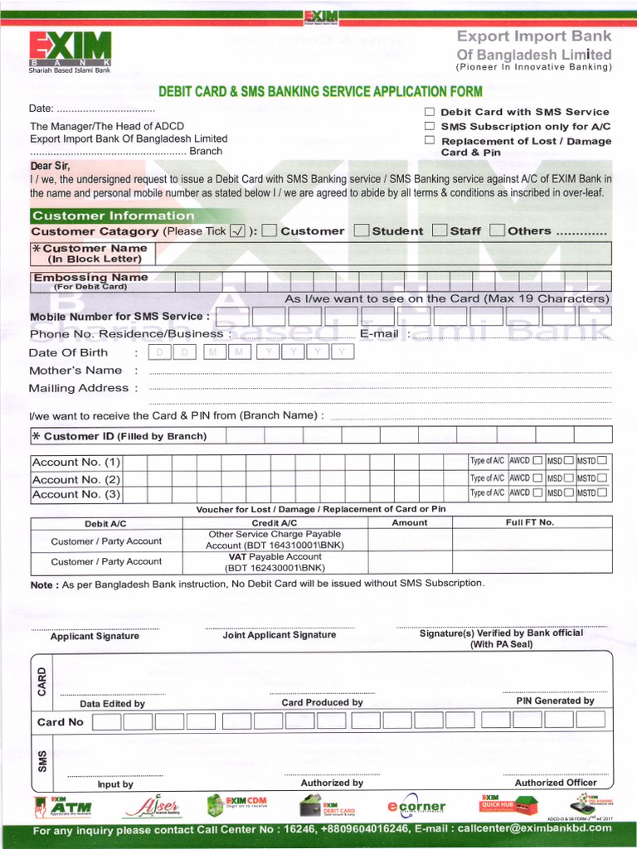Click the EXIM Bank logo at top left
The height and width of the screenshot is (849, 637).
pyautogui.click(x=70, y=51)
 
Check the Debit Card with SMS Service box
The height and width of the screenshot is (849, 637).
pyautogui.click(x=430, y=111)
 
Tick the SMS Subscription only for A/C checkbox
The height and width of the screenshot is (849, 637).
pyautogui.click(x=430, y=126)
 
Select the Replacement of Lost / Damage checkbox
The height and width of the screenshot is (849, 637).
pyautogui.click(x=430, y=140)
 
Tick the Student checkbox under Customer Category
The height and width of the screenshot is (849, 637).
pyautogui.click(x=362, y=230)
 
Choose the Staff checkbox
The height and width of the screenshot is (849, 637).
pyautogui.click(x=440, y=230)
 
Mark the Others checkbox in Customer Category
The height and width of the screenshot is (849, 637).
pyautogui.click(x=498, y=230)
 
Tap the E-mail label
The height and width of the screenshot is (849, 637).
pyautogui.click(x=379, y=333)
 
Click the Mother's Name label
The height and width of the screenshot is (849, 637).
pyautogui.click(x=75, y=371)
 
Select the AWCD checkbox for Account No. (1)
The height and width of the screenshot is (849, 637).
pyautogui.click(x=538, y=461)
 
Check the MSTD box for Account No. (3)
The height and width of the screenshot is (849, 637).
pyautogui.click(x=602, y=493)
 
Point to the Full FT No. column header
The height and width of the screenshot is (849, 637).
pyautogui.click(x=529, y=522)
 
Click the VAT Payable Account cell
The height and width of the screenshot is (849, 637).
pyautogui.click(x=275, y=562)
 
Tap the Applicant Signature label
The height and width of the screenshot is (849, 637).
pyautogui.click(x=95, y=636)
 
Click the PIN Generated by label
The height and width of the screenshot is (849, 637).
pyautogui.click(x=555, y=701)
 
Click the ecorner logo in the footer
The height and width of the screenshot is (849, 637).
pyautogui.click(x=416, y=807)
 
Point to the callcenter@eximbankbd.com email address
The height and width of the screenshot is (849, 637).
pyautogui.click(x=534, y=827)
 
